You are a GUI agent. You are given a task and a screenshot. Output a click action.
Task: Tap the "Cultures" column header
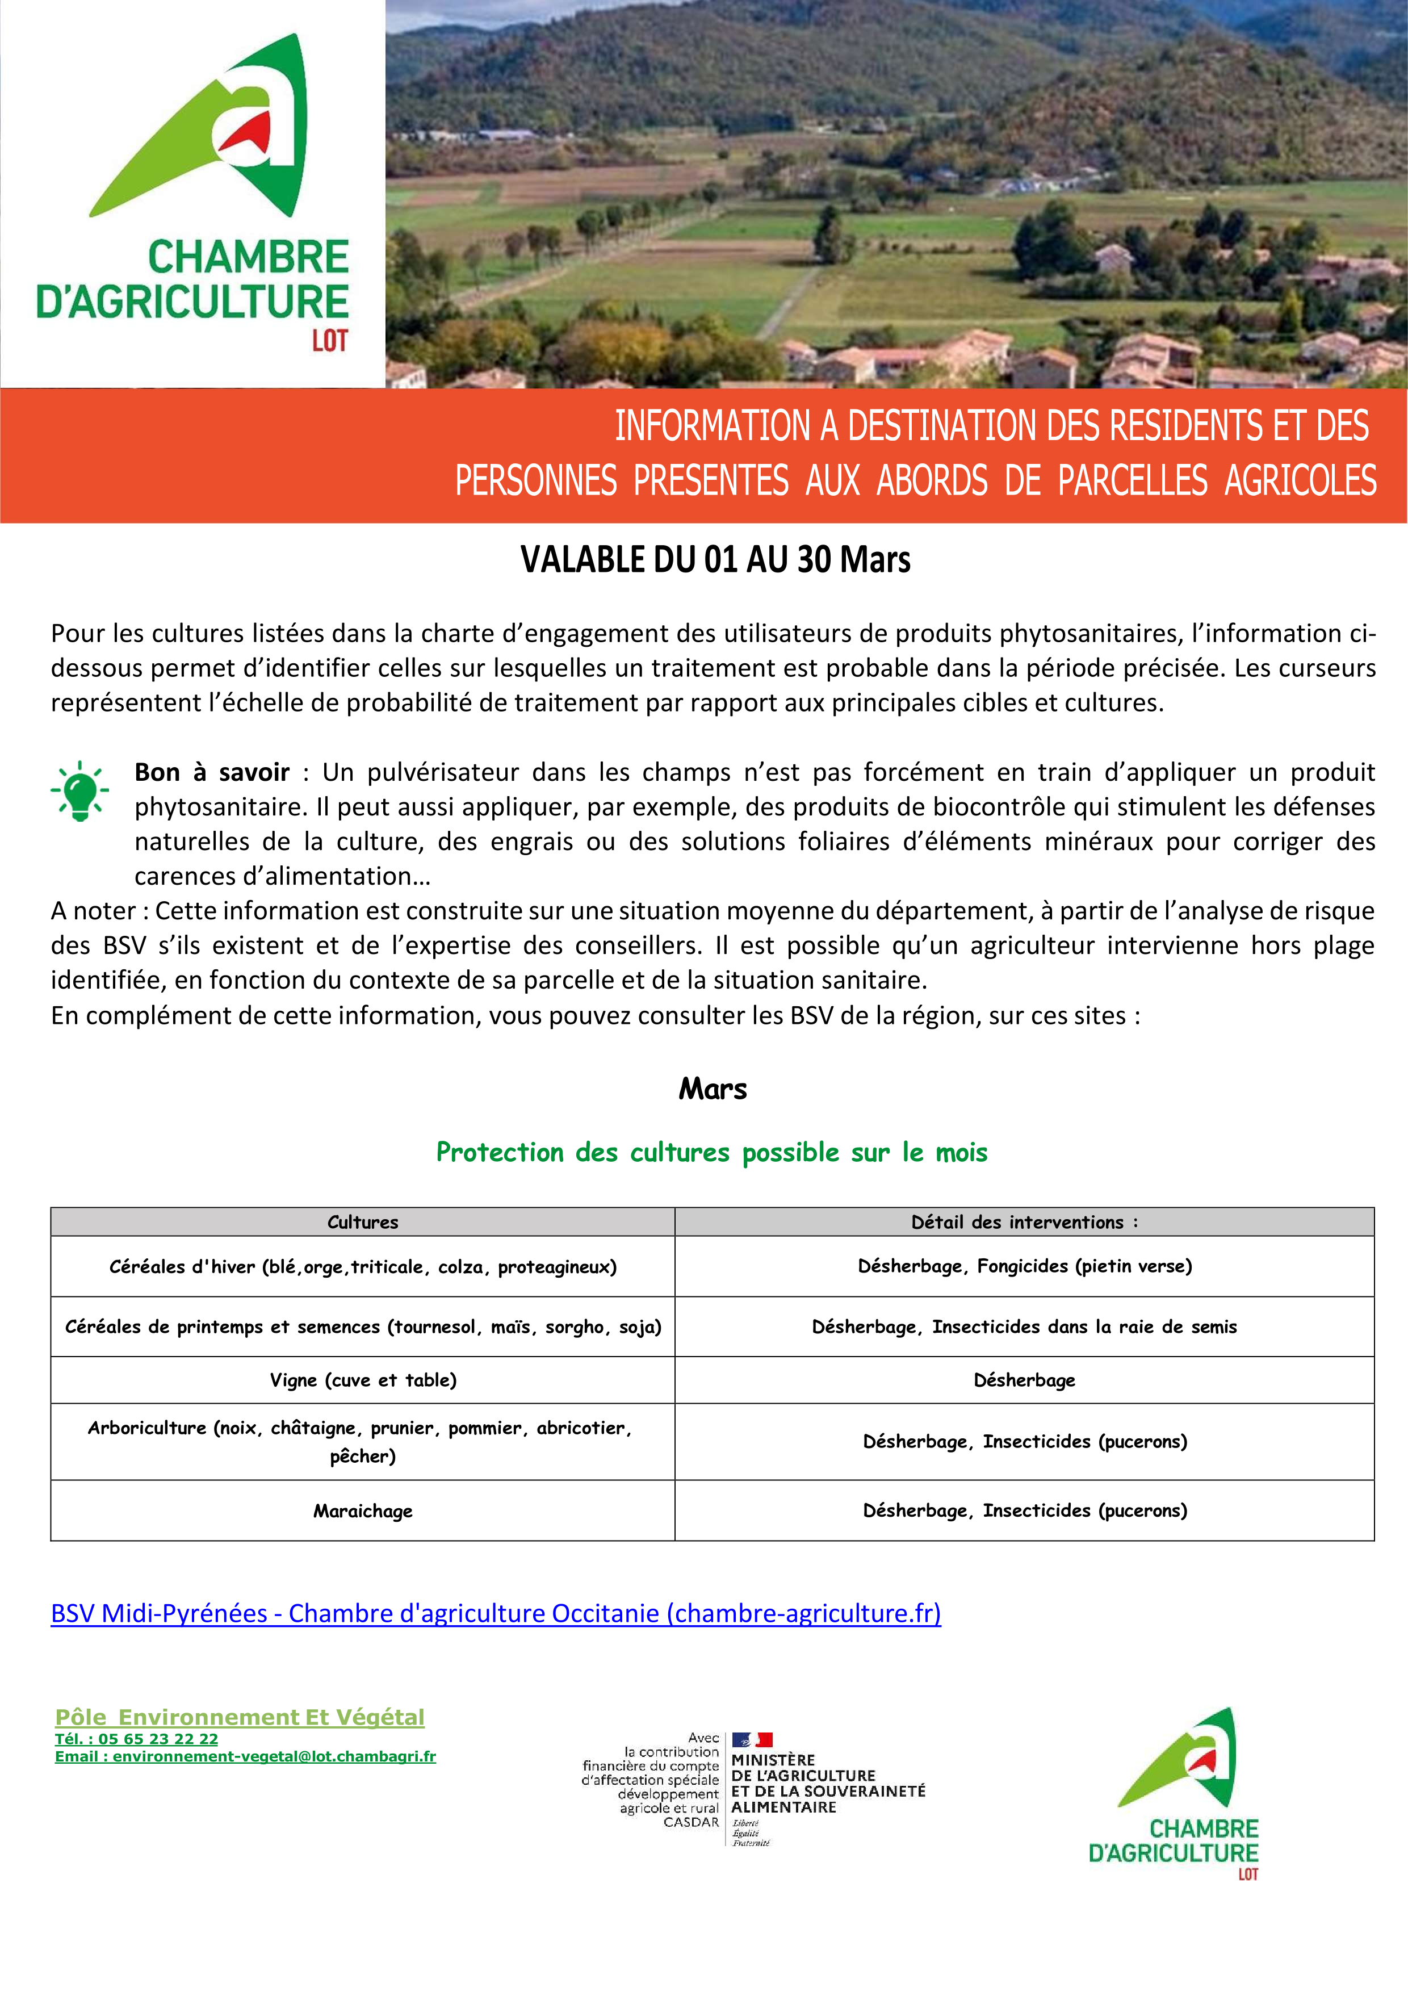coord(363,1221)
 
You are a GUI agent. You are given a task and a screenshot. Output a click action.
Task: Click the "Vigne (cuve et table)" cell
coord(363,1379)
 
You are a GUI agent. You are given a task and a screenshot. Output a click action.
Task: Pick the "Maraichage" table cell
coord(363,1510)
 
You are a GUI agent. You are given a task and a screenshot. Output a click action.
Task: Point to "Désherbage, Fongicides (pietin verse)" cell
coord(1025,1266)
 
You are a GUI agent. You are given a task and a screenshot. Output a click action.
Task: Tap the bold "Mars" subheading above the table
coord(713,1089)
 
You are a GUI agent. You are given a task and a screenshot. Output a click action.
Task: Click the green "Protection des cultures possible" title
coord(711,1152)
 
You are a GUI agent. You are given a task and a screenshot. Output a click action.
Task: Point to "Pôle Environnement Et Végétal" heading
coord(240,1717)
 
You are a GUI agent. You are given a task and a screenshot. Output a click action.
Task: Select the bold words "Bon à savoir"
coord(212,772)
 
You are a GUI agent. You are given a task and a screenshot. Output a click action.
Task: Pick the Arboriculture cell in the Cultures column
coord(363,1441)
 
